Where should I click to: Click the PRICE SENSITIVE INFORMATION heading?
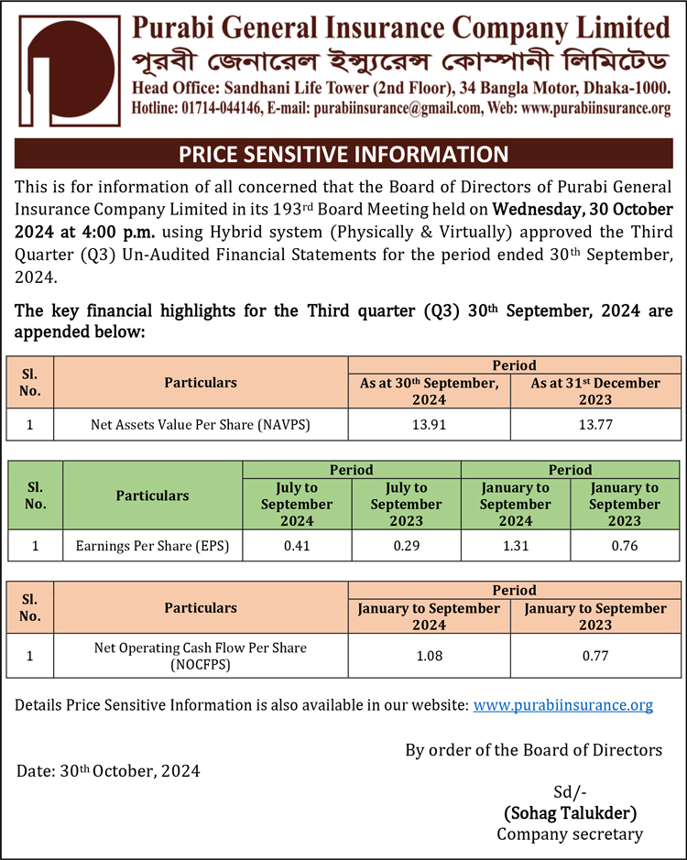pos(343,153)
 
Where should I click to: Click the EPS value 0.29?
pos(406,547)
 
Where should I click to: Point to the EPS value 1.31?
pos(515,547)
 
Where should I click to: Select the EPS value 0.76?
pos(625,547)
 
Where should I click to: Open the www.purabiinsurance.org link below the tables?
pos(563,705)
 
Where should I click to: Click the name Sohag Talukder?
pos(570,812)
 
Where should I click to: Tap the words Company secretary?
pos(570,833)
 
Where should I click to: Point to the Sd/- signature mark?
pos(570,791)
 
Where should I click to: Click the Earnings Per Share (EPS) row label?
pos(153,547)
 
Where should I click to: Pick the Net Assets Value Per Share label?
pos(201,424)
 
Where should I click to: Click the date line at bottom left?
pos(108,770)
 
